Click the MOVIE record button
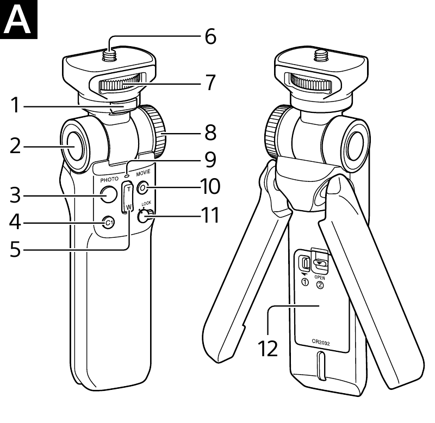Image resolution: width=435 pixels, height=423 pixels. (144, 188)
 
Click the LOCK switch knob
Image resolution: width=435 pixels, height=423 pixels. (145, 217)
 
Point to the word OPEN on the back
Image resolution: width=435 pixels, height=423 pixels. (320, 276)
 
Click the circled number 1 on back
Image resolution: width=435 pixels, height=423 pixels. (304, 283)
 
